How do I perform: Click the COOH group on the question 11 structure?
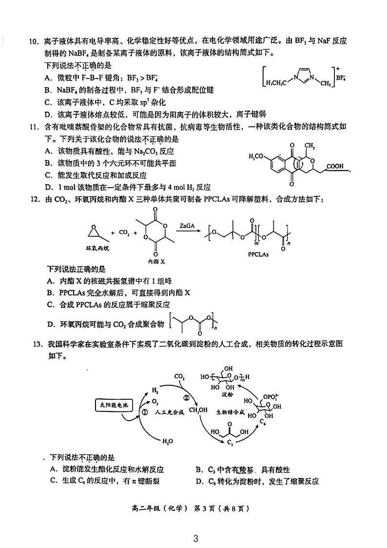click(334, 167)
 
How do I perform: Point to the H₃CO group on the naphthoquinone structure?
click(257, 156)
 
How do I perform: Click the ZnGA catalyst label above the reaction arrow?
click(186, 226)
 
